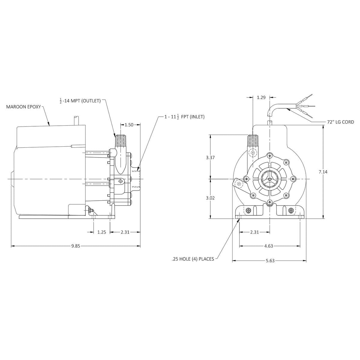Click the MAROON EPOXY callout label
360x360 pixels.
click(23, 106)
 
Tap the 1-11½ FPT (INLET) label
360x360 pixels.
click(184, 117)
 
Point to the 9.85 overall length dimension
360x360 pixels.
click(76, 246)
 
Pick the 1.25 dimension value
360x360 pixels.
click(102, 232)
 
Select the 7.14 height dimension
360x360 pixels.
click(323, 172)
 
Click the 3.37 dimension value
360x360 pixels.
click(211, 157)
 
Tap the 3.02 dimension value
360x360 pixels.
click(211, 198)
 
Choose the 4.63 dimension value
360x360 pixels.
click(268, 246)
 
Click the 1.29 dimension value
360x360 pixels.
click(261, 97)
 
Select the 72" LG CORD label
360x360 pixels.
click(340, 122)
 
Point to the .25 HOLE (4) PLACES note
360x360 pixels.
click(193, 259)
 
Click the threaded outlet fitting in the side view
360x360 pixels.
click(121, 140)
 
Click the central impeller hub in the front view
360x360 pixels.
click(269, 179)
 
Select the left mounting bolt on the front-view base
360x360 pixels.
click(248, 211)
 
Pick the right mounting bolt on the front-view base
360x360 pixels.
click(290, 211)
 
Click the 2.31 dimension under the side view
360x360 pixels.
click(124, 232)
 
